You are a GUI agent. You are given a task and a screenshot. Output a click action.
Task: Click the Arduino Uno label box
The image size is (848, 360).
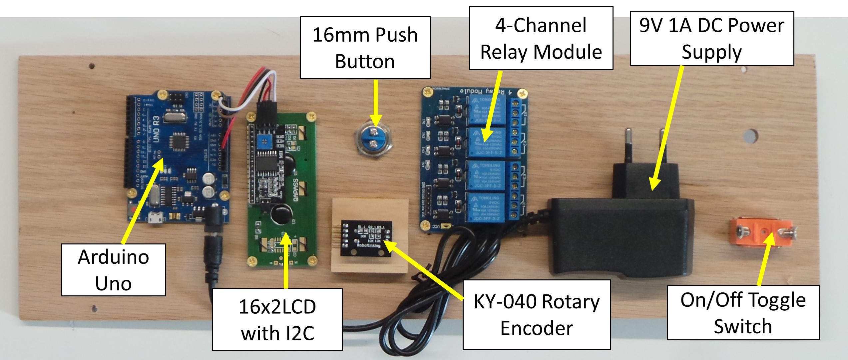pyautogui.click(x=113, y=270)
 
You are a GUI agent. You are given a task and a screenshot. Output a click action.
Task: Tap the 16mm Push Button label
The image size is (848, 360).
pyautogui.click(x=365, y=48)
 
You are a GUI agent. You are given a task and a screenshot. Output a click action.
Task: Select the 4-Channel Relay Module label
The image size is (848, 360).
pyautogui.click(x=541, y=38)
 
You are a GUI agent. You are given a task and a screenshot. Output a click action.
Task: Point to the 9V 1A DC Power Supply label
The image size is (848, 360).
pyautogui.click(x=712, y=38)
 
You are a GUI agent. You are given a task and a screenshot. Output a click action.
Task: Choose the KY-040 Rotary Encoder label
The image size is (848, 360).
pyautogui.click(x=537, y=314)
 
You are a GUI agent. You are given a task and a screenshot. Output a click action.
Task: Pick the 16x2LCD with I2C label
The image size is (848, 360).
pyautogui.click(x=277, y=319)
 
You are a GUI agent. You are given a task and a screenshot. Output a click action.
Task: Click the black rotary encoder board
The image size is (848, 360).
pyautogui.click(x=366, y=238)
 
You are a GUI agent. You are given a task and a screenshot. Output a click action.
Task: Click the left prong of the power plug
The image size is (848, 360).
pyautogui.click(x=628, y=145)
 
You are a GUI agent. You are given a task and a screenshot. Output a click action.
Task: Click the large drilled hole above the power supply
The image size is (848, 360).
pyautogui.click(x=750, y=136)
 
